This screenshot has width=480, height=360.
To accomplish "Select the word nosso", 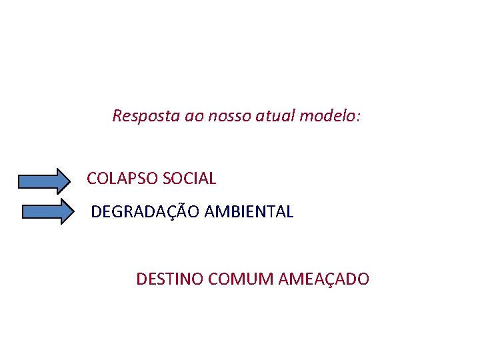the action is (x=227, y=116).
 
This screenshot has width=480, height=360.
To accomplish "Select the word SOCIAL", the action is (x=189, y=179).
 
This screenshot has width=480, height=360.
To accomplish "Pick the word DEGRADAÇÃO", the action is (x=145, y=212).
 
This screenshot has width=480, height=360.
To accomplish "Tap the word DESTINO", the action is (x=169, y=279).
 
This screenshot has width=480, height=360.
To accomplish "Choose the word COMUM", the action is (x=234, y=279).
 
